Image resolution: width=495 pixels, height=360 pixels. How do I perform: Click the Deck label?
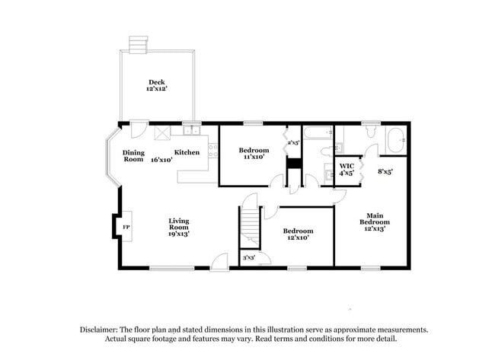pos(157,85)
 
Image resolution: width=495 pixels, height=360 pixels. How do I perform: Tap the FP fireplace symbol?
pos(126,227)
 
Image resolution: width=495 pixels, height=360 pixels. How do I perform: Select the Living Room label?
pos(179,228)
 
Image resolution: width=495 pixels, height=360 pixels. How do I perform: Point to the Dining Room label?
pos(134,155)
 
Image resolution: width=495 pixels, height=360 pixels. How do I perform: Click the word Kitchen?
pos(187,152)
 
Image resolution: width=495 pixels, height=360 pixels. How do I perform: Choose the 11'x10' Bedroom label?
pos(254,153)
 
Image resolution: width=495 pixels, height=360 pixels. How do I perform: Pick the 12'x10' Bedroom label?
pos(298,234)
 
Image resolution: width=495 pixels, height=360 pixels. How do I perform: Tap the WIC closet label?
pos(347,169)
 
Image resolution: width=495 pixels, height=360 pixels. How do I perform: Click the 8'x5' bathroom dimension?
pos(385,172)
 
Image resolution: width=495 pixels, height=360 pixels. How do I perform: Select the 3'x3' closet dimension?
pos(249,259)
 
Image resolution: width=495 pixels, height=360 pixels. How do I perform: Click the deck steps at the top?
pos(137,44)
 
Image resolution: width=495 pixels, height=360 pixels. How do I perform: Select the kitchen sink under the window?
pos(189,132)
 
